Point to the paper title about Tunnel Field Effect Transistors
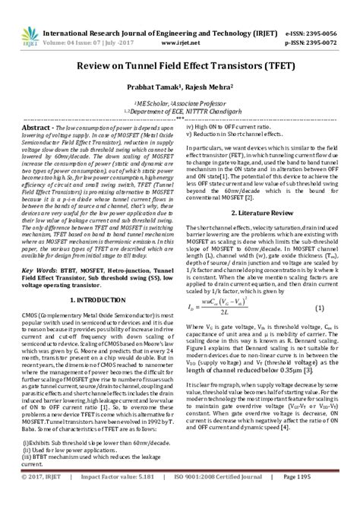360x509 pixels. click(x=180, y=66)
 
